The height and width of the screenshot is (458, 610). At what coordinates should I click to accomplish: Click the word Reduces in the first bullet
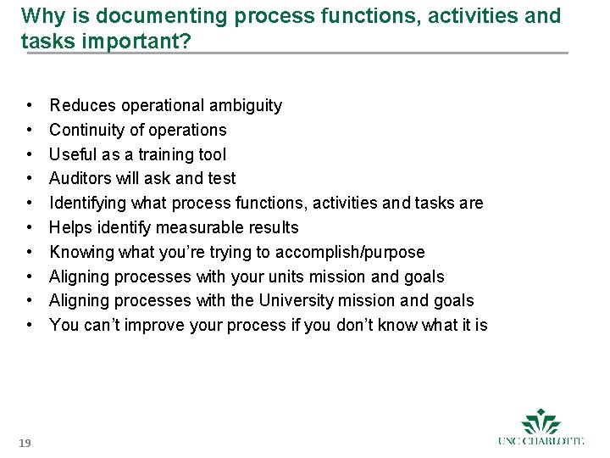[83, 106]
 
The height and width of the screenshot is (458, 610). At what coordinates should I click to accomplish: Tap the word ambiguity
[245, 106]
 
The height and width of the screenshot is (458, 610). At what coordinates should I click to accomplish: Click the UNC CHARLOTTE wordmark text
[541, 441]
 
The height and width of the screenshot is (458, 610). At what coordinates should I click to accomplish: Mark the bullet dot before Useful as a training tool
[30, 155]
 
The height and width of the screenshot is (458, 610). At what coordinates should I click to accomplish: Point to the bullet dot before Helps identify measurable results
[30, 228]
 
